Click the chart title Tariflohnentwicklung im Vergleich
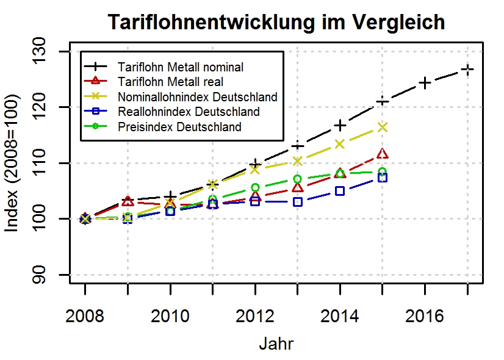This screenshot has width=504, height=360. (276, 23)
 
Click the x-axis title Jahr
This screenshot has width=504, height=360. (276, 344)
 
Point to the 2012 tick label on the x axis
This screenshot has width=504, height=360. (255, 317)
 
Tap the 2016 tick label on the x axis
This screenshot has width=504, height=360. (425, 317)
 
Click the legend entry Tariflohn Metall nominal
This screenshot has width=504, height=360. (181, 67)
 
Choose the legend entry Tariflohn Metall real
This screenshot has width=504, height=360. (171, 82)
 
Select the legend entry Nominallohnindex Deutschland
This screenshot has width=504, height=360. (198, 97)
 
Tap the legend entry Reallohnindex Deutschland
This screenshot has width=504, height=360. (189, 112)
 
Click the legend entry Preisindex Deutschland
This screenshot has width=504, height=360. (180, 127)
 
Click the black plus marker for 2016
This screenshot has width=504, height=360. (425, 82)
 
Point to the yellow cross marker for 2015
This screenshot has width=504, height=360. (383, 127)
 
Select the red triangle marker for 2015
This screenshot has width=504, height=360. (383, 154)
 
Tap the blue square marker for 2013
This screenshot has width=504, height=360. (298, 201)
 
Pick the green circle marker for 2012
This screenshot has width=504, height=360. (255, 188)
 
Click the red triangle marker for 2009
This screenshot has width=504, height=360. (128, 201)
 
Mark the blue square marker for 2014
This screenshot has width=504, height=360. (340, 191)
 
